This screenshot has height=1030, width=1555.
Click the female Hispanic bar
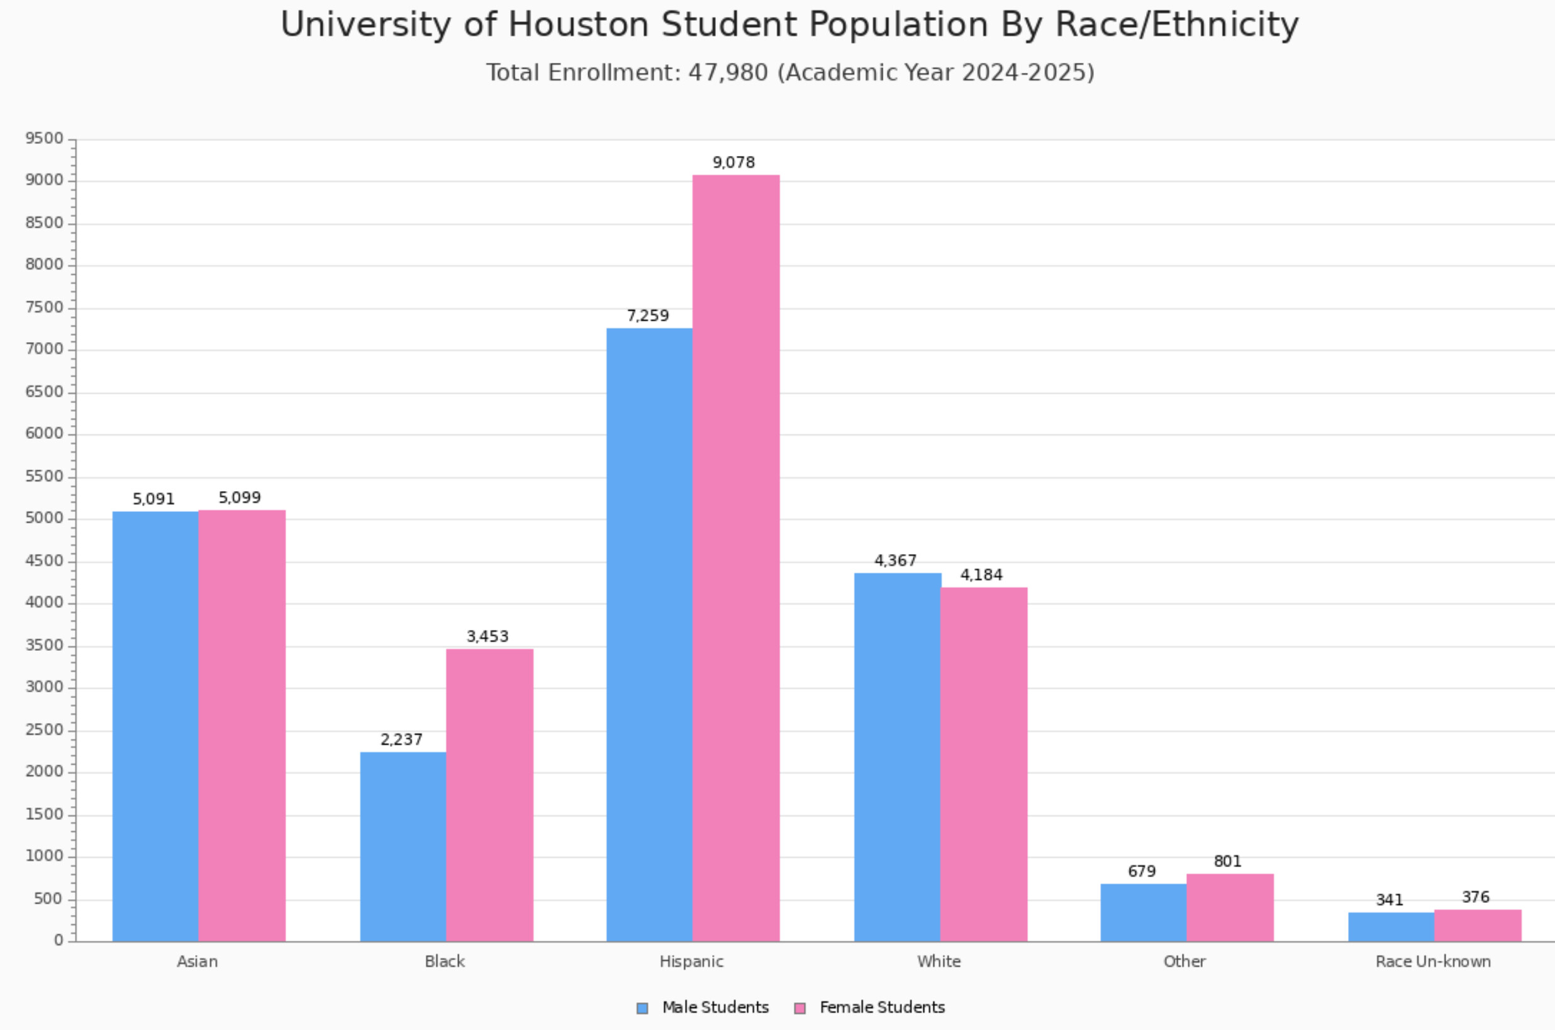[x=736, y=558]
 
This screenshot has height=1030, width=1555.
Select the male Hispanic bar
[x=649, y=634]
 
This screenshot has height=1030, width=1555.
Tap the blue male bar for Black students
[x=403, y=847]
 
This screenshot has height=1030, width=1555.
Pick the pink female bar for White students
[x=983, y=765]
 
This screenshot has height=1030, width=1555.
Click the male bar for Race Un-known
[x=1391, y=927]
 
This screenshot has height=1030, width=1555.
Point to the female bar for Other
[x=1230, y=908]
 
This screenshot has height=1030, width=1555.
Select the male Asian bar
[x=155, y=726]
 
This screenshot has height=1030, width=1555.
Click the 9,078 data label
[x=733, y=162]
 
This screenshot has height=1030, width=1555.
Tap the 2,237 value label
[x=401, y=739]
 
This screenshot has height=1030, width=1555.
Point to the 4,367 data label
[x=895, y=561]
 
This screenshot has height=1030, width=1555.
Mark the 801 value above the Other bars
[x=1227, y=861]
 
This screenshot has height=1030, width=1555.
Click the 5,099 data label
[x=239, y=498]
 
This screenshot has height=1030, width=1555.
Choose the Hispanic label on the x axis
[x=691, y=961]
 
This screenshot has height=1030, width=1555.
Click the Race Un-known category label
[x=1433, y=961]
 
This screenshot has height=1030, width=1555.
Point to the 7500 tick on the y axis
[x=45, y=307]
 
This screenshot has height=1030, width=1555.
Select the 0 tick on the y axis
[x=59, y=941]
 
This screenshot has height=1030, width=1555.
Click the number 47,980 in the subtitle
[x=728, y=72]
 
